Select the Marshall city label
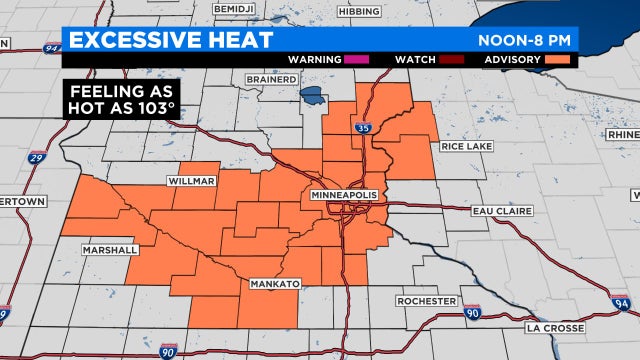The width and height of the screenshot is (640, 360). [x=111, y=250]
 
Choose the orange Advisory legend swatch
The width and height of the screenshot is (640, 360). [x=557, y=59]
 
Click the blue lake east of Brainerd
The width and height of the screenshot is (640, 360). [x=313, y=99]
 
